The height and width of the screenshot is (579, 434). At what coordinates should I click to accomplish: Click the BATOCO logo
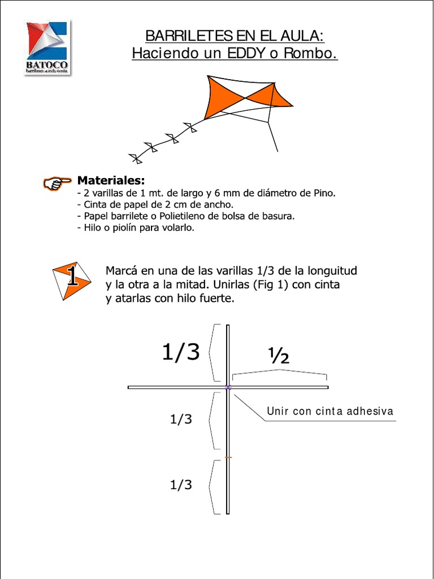[x=47, y=48]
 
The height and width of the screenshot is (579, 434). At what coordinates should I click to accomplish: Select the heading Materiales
[x=111, y=180]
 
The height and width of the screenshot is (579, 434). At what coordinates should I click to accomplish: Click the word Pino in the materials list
[x=324, y=193]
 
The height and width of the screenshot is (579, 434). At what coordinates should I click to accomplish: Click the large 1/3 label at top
[x=181, y=352]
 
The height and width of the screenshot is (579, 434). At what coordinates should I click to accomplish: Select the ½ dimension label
[x=279, y=356]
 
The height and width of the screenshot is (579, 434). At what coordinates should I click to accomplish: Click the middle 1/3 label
[x=181, y=419]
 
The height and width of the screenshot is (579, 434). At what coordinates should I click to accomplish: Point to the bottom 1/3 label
[x=181, y=485]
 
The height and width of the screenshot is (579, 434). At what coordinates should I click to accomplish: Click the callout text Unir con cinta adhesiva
[x=329, y=412]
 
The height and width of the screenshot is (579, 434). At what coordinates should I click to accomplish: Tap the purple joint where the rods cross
[x=228, y=387]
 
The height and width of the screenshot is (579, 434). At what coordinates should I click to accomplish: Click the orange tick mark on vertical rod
[x=228, y=457]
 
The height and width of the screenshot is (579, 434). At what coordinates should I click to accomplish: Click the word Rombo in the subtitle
[x=315, y=54]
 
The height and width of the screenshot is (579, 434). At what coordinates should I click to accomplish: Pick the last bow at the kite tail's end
[x=135, y=158]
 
